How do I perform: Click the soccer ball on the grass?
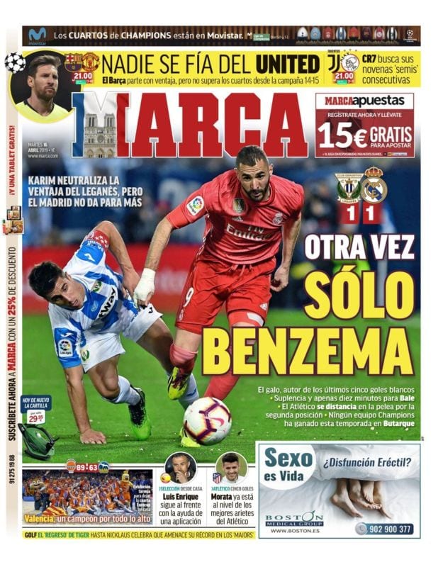207,420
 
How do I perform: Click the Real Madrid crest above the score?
374,187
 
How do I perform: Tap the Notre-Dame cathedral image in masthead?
99,134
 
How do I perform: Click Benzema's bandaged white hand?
145,285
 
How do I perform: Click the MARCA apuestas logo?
364,101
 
